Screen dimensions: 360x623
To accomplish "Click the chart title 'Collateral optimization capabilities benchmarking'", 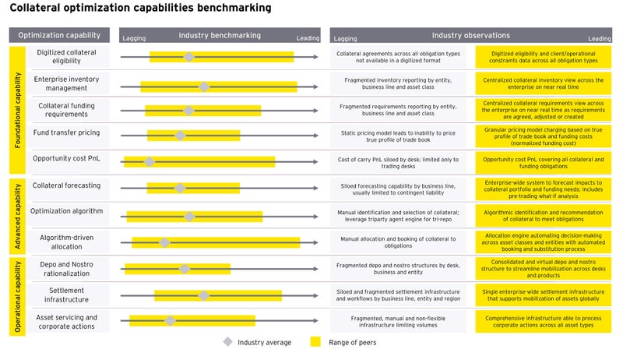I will (x=140, y=9).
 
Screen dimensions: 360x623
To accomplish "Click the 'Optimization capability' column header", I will (x=59, y=35).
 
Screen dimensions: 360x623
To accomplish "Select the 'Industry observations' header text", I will (x=470, y=35).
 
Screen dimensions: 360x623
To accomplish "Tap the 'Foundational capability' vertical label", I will (x=17, y=110).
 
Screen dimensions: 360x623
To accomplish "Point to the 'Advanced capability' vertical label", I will (x=17, y=215).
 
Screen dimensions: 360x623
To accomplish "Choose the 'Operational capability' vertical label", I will (x=17, y=295).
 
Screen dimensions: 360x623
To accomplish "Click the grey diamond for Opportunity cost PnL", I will (x=150, y=161).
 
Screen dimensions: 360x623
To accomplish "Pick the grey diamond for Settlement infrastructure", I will (x=203, y=295).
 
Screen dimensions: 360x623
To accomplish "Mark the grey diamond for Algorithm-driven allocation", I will (x=164, y=242).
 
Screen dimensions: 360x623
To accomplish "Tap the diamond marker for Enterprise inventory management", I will (x=203, y=86).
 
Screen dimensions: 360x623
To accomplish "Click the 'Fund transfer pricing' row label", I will (x=65, y=133).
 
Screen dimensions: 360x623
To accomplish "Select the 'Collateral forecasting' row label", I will (x=66, y=185).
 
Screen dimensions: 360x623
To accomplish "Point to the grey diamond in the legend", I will (x=227, y=342).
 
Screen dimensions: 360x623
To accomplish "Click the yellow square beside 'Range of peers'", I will (x=315, y=342).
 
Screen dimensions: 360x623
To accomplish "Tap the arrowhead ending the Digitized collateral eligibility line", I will (x=315, y=57).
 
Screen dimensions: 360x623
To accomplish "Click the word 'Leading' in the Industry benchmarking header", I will (x=308, y=37).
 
